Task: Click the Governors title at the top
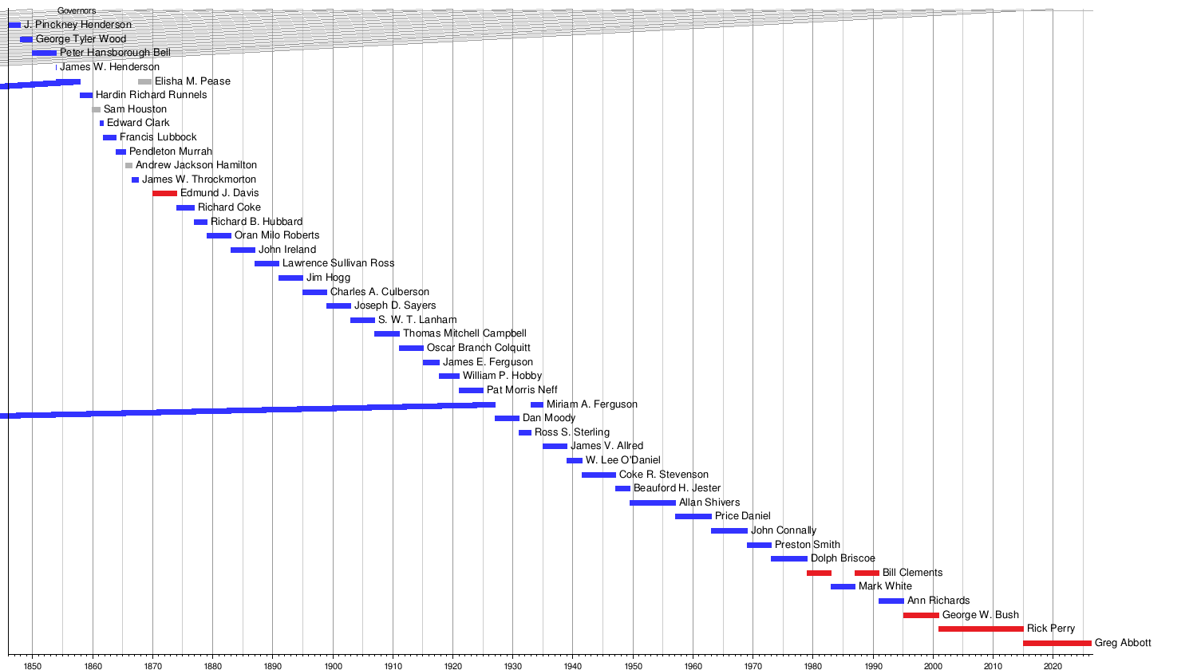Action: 77,10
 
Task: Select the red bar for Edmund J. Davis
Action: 164,193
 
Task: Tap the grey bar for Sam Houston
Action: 97,109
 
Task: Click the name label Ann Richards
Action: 938,601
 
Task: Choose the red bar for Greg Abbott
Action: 1057,643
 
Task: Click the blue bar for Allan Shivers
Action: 652,503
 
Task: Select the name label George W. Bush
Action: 980,615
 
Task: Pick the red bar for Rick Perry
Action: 981,629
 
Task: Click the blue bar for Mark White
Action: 843,586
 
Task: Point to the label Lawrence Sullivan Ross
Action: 338,263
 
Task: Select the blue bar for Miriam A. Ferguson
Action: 537,404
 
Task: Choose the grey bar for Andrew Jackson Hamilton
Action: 128,165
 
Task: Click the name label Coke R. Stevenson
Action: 664,475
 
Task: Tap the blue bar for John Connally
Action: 729,530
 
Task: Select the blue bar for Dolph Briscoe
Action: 789,558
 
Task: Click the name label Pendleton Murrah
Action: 171,152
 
